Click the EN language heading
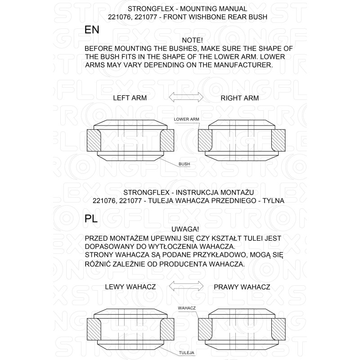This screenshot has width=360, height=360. (x=92, y=30)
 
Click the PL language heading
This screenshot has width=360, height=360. (x=91, y=219)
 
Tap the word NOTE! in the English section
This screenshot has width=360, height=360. (x=186, y=40)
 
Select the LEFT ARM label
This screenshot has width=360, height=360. (x=130, y=98)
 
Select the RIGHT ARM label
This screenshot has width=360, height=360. (x=239, y=98)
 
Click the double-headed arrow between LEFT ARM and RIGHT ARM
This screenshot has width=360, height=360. (x=186, y=97)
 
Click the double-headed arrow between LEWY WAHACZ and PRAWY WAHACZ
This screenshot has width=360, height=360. (x=186, y=286)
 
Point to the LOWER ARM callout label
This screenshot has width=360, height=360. (x=186, y=119)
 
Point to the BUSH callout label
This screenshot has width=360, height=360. (x=184, y=164)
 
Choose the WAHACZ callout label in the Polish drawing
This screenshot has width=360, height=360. (x=186, y=308)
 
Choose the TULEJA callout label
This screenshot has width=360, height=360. (x=186, y=353)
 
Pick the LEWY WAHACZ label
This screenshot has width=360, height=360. (x=130, y=287)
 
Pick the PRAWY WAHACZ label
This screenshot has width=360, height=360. (x=242, y=287)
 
